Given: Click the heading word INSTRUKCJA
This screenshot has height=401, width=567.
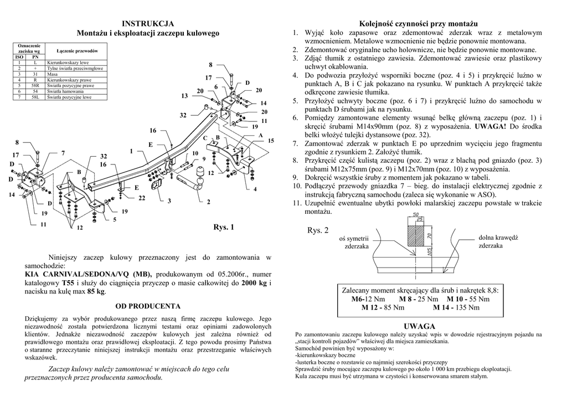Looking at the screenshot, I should pos(148,23).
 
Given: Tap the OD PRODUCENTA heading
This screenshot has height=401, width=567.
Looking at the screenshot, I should pos(148,306).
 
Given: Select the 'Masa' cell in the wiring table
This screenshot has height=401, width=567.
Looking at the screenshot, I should pos(53,74).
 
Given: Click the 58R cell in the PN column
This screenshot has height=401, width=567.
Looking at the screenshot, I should pos(35,85).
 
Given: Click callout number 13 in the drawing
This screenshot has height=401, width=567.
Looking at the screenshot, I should pos(184,96).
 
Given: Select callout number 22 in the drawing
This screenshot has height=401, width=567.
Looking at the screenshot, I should pos(142,198).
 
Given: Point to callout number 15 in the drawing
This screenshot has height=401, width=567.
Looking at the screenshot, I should pos(271,141).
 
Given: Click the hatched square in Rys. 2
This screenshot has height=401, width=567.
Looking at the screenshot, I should pos(417,234).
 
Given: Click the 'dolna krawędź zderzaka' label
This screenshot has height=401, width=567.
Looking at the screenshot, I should pos(497,241).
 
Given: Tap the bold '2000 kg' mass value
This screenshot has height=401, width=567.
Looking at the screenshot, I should pos(255,282).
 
